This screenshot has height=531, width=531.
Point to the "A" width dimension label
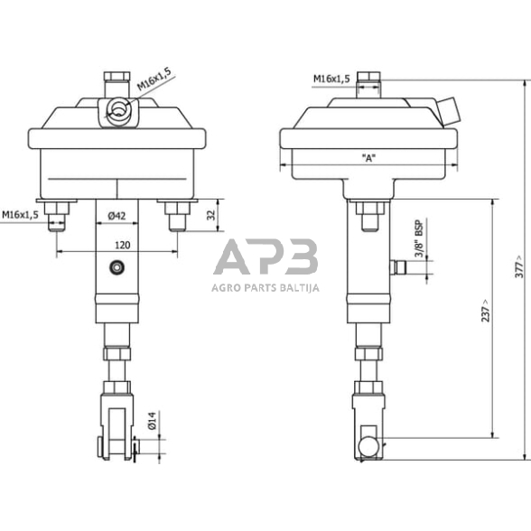coord(368,158)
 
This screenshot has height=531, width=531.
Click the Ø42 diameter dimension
coord(115,216)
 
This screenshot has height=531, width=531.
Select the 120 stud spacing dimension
coord(115,245)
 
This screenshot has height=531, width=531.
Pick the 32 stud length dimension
coord(211,216)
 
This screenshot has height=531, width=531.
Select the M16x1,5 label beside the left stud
coord(20,215)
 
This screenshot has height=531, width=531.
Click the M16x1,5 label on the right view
coord(332,79)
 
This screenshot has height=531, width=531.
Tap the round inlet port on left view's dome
coord(116,111)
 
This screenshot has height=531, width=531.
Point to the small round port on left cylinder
coord(115,266)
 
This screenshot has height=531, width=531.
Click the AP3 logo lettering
coord(265,259)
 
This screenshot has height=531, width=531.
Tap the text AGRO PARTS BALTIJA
coord(265,289)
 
